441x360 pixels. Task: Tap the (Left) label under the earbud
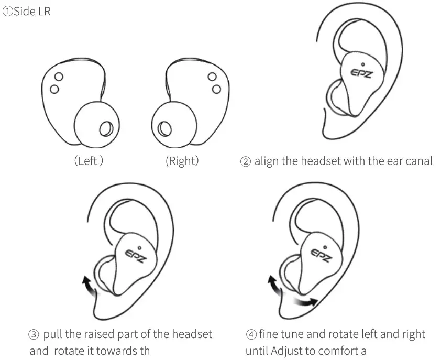(x=88, y=161)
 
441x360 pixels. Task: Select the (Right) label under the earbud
(x=182, y=161)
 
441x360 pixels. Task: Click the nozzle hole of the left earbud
(x=105, y=128)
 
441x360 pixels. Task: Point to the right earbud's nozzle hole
(x=165, y=128)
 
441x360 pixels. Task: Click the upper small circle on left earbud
(x=59, y=77)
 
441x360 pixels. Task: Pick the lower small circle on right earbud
(x=214, y=89)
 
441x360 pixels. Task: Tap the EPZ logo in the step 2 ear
(x=362, y=74)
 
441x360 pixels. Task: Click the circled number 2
(x=245, y=161)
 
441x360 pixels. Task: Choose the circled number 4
(x=250, y=334)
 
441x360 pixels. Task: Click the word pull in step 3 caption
(x=53, y=334)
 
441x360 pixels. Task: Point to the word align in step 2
(x=267, y=161)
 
